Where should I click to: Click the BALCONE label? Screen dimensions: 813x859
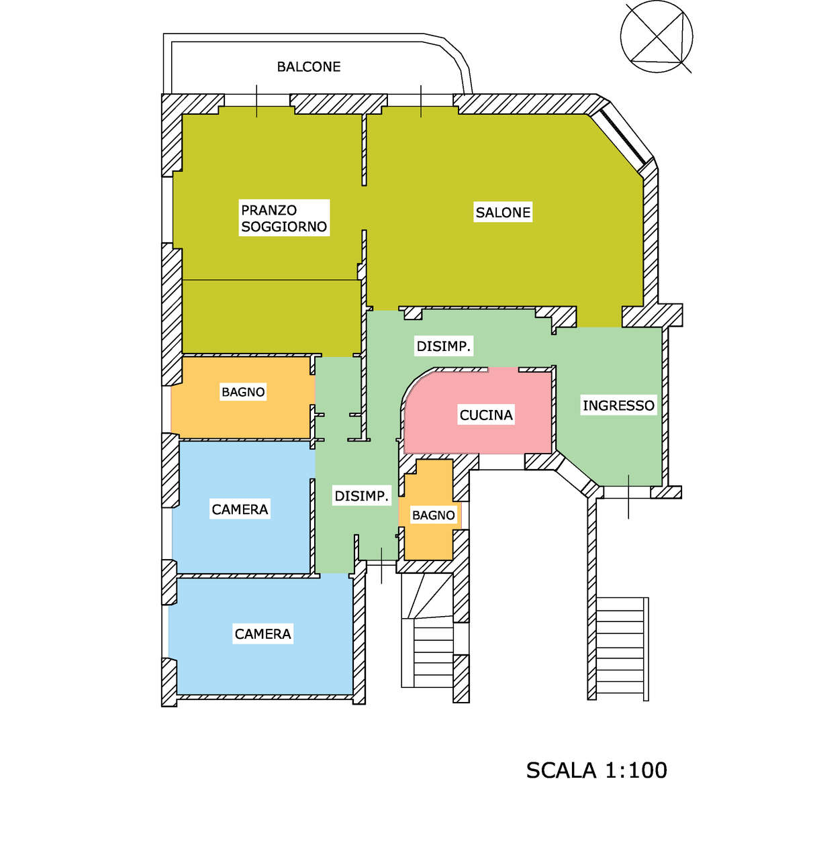pos(309,67)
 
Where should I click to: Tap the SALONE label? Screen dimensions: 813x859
pos(503,212)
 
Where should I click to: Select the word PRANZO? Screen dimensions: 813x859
pos(269,210)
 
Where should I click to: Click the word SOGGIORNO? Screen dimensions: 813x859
pos(284,227)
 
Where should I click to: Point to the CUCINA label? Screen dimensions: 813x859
pos(486,415)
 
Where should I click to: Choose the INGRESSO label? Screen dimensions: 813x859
pos(618,405)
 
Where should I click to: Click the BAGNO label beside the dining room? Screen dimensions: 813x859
pos(243,392)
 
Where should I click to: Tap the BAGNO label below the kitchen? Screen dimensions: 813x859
pos(433,515)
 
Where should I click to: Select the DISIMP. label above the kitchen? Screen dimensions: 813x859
pos(443,346)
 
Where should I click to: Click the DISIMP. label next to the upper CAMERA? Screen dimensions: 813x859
pos(361,496)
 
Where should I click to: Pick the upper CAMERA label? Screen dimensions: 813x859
pos(240,509)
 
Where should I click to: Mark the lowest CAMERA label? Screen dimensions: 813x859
pos(262,634)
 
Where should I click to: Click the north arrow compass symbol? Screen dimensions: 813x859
pos(656,37)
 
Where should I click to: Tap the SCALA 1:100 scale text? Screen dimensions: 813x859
pos(597,770)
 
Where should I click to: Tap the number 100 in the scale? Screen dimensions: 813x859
pos(648,770)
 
